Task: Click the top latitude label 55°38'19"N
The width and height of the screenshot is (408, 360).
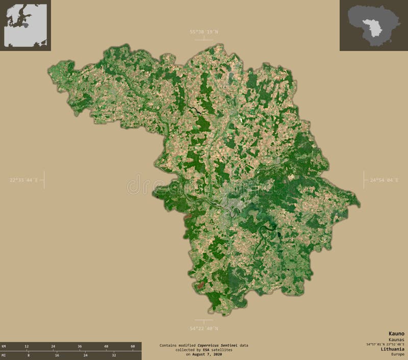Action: (204, 32)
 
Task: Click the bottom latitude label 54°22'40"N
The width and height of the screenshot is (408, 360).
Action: (204, 328)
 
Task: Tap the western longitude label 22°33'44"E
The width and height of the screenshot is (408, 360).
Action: (24, 180)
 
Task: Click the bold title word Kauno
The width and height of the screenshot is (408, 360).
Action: (396, 333)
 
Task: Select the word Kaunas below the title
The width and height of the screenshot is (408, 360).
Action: (396, 339)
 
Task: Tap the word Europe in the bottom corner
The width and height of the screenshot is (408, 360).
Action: (397, 354)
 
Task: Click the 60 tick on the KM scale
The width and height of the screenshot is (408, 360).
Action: (133, 346)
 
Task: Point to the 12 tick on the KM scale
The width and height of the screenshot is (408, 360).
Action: (27, 346)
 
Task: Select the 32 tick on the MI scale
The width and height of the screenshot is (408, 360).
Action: (114, 354)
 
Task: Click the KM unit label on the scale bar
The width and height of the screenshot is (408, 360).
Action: (4, 346)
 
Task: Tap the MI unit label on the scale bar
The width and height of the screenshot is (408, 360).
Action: (4, 354)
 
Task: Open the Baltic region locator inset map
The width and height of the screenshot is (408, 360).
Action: (25, 25)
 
